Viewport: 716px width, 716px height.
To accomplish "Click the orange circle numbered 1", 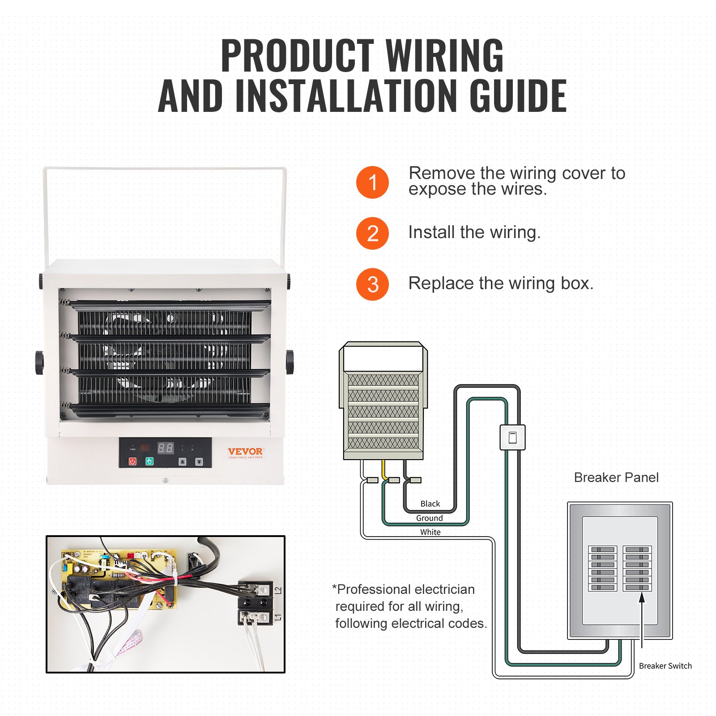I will (372, 182).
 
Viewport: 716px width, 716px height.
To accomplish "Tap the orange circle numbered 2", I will (372, 233).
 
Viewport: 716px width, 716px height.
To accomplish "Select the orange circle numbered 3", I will (372, 284).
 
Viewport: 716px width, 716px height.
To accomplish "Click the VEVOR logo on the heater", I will (245, 452).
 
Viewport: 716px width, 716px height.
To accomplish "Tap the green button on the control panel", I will (149, 461).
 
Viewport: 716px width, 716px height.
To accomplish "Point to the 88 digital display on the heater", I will (166, 448).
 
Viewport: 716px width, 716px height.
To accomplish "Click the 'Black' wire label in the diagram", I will (430, 504).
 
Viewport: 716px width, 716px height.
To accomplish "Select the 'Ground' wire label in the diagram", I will (429, 518).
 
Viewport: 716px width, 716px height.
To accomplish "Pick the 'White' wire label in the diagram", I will (430, 532).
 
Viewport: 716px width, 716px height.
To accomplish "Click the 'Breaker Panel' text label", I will (616, 477).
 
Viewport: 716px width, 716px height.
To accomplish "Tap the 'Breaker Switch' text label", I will (665, 666).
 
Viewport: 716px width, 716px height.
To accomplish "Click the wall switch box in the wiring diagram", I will (512, 437).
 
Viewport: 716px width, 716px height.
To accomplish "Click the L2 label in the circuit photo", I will (278, 591).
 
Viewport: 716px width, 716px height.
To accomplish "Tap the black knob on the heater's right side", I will (290, 362).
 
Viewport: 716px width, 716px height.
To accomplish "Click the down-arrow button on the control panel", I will (199, 461).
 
